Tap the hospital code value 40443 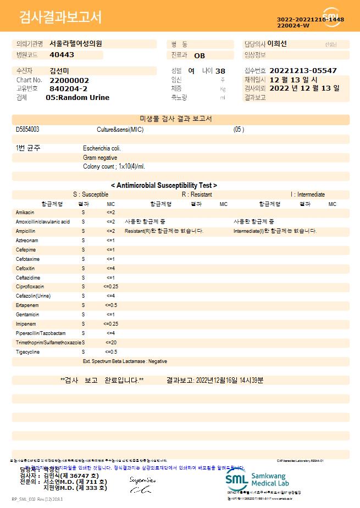pos(62,55)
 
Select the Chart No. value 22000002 pos(69,80)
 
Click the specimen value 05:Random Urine pos(77,98)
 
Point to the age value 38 pos(220,71)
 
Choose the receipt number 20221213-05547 pos(303,71)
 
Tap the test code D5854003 pos(27,130)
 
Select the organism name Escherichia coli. pos(102,148)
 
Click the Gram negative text pos(100,158)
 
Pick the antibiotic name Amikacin pos(25,212)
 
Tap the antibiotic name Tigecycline pos(27,351)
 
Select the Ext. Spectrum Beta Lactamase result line pos(125,361)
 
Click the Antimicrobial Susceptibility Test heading pos(164,186)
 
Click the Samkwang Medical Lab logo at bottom pos(261,479)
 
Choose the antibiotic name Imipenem pos(26,323)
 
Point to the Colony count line pos(114,166)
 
